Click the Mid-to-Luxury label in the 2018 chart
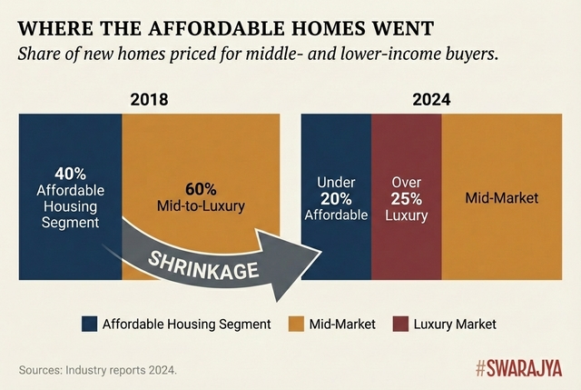click(201, 206)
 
